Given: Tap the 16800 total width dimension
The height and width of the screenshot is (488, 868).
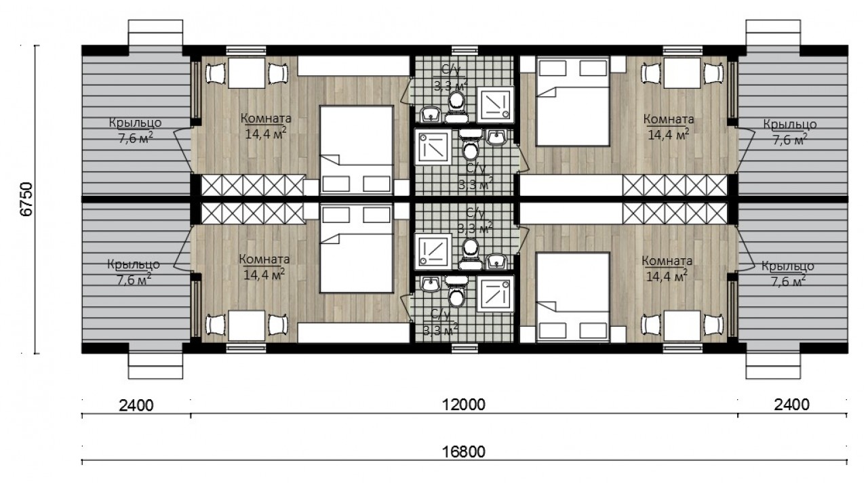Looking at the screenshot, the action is tap(463, 451).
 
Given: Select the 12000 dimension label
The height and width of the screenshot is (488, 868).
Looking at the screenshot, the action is tap(463, 405).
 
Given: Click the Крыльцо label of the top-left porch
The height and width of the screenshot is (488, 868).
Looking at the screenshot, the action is tap(135, 123).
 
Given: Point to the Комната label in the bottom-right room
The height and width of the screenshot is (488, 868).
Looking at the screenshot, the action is tap(667, 261).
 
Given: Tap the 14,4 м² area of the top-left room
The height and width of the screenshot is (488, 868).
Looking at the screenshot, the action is tap(266, 133).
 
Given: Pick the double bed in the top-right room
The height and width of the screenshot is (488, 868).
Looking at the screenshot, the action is tap(573, 101).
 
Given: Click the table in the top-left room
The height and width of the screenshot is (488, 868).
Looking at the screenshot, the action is tap(246, 73).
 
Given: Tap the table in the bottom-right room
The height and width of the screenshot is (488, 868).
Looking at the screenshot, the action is tap(682, 326).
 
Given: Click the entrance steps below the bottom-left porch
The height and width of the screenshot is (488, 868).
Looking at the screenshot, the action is tap(155, 366).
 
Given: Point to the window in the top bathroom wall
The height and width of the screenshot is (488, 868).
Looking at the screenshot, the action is tap(465, 50).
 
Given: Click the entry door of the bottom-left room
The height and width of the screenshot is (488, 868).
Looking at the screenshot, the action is tap(182, 248).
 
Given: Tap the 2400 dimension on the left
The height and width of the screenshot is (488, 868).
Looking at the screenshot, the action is tap(136, 405).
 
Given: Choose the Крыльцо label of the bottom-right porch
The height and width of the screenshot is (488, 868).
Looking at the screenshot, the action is tap(787, 266).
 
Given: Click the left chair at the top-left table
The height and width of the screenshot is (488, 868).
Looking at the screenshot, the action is tap(215, 73).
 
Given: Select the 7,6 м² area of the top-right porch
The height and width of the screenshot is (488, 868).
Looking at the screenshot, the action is tap(790, 139).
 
